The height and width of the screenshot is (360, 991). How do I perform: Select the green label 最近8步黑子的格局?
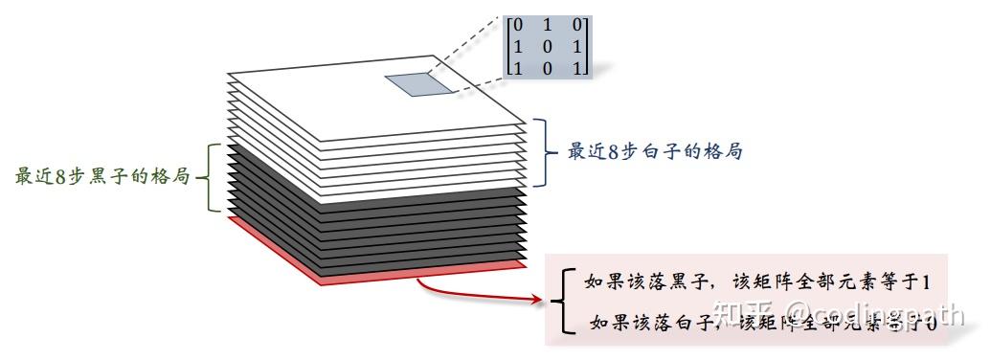pos(102,177)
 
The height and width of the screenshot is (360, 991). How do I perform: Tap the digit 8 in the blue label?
pos(610,151)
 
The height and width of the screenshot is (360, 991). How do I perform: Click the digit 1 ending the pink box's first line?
pos(926,281)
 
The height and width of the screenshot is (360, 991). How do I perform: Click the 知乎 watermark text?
pos(740,312)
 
